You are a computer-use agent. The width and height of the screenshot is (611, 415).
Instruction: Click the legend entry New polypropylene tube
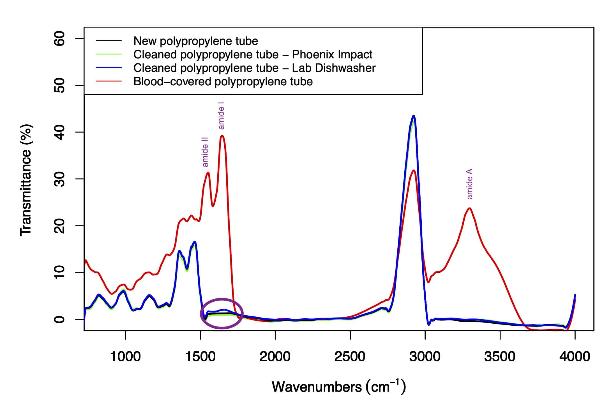pos(195,41)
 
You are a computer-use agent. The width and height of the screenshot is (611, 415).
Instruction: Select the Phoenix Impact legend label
pos(253,54)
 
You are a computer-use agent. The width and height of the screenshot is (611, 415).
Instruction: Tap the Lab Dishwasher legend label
pos(254,68)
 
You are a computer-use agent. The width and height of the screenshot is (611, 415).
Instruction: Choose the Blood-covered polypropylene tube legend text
pos(223,81)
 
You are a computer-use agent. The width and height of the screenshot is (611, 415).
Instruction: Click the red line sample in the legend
pos(109,81)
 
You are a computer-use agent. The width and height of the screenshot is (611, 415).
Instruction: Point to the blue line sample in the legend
pos(109,68)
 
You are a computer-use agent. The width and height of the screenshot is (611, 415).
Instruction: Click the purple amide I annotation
pos(221,118)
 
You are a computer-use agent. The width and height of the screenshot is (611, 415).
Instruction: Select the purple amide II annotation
pos(205,152)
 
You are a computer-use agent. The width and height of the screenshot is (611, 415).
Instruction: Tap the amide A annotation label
pos(470,184)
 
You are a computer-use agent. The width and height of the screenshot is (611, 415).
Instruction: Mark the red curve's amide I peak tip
pos(222,136)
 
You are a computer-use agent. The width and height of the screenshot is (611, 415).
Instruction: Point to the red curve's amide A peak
pos(469,208)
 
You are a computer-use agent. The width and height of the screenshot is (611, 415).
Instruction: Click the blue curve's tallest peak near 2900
pos(414,116)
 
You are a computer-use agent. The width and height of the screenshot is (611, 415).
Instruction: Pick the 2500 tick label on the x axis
pos(350,357)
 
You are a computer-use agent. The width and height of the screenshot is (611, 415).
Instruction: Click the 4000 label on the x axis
pos(575,357)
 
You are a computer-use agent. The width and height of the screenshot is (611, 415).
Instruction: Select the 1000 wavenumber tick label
pos(125,357)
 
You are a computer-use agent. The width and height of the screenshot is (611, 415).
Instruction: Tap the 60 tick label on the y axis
pos(59,38)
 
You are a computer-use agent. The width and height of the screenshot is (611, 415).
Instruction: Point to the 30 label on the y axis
pos(59,179)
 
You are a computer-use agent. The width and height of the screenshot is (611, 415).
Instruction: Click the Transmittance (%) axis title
pos(26,180)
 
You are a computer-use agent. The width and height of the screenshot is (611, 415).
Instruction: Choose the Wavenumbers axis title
pos(339,387)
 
